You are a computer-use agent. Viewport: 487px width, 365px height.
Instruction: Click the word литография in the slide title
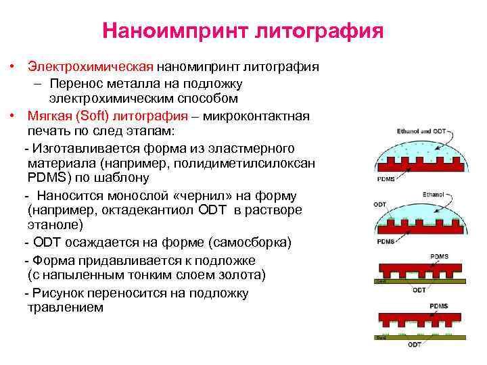click(319, 31)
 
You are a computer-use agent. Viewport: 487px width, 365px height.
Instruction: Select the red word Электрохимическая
click(91, 68)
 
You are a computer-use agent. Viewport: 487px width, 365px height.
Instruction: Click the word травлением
click(66, 307)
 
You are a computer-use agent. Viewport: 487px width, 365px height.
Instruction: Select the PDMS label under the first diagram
click(386, 180)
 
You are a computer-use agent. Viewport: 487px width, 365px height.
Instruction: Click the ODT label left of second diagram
click(380, 204)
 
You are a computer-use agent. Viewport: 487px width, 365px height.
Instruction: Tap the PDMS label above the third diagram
click(439, 257)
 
